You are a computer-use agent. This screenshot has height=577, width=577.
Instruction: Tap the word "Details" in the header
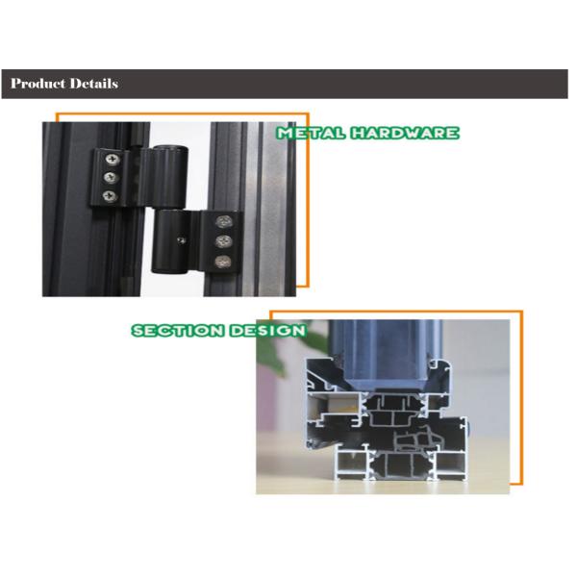pyautogui.click(x=94, y=84)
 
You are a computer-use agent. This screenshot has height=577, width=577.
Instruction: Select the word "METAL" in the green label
pyautogui.click(x=311, y=134)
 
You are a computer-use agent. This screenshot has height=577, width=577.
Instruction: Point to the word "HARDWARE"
pyautogui.click(x=403, y=134)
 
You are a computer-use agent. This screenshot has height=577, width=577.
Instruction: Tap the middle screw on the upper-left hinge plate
pyautogui.click(x=112, y=178)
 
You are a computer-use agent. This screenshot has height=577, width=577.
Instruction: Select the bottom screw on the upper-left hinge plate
pyautogui.click(x=110, y=196)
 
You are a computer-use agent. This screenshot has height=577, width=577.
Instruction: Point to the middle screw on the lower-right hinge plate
pyautogui.click(x=225, y=240)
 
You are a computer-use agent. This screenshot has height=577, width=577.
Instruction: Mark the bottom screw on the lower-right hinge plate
pyautogui.click(x=224, y=260)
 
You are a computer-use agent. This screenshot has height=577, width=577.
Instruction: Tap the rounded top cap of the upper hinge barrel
pyautogui.click(x=173, y=149)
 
